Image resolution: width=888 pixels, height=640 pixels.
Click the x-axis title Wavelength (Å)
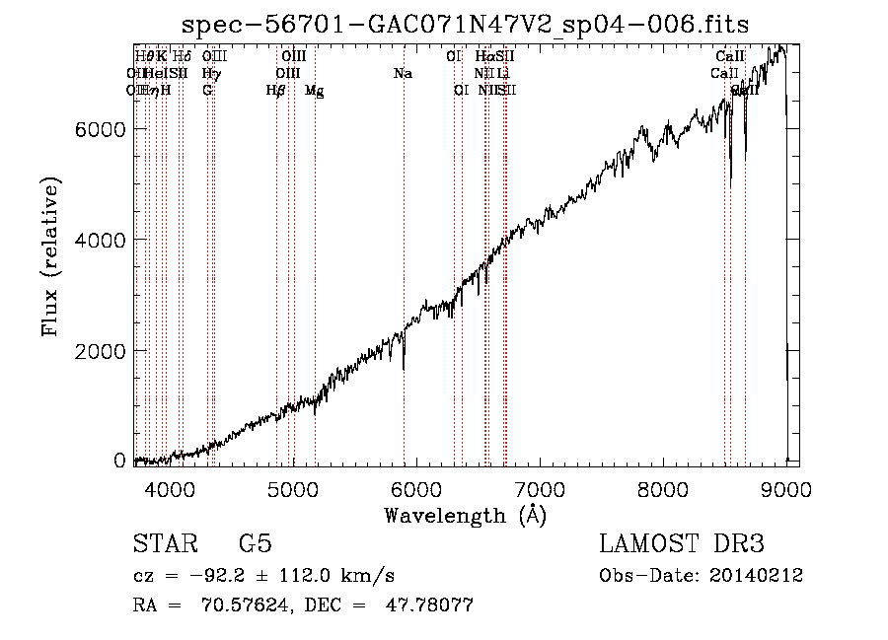click(465, 515)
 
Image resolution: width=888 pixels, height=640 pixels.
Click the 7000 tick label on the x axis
click(539, 488)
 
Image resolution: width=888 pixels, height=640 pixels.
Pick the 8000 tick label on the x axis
click(662, 488)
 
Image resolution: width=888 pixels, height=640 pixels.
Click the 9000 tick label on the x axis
click(785, 488)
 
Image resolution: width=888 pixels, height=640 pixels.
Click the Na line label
click(403, 73)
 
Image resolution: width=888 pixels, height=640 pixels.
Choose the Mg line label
click(314, 91)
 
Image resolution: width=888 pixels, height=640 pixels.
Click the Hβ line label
click(275, 90)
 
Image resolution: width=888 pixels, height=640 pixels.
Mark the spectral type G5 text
click(255, 544)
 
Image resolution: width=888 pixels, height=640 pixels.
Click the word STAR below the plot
click(165, 544)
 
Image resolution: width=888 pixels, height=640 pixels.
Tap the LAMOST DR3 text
click(681, 544)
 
